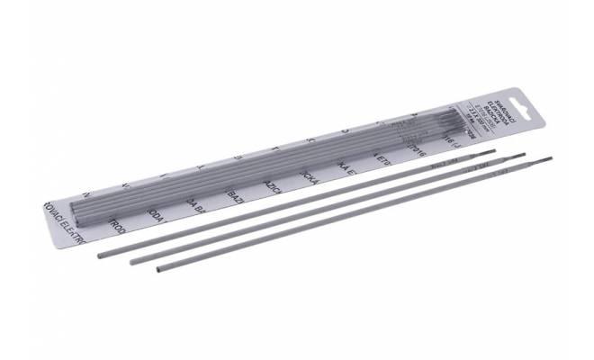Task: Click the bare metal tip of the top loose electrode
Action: coord(489,152)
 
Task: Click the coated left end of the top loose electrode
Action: coord(101,256)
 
